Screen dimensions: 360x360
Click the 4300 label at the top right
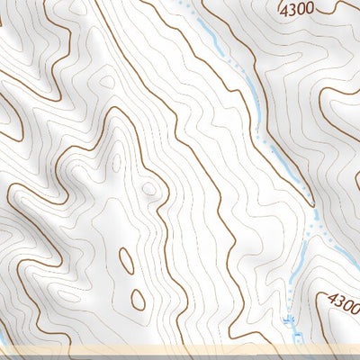pyautogui.click(x=297, y=10)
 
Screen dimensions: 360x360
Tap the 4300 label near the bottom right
pyautogui.click(x=343, y=301)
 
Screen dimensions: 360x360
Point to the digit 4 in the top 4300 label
pyautogui.click(x=285, y=10)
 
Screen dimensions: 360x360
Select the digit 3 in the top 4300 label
pyautogui.click(x=293, y=10)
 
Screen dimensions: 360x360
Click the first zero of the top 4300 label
pyautogui.click(x=301, y=10)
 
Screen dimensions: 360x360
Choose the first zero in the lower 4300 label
pyautogui.click(x=346, y=303)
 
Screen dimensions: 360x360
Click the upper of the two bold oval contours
pyautogui.click(x=127, y=259)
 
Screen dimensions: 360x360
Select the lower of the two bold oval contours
pyautogui.click(x=138, y=299)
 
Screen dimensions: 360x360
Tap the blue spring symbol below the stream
pyautogui.click(x=289, y=319)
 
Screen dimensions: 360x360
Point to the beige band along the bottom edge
pyautogui.click(x=180, y=351)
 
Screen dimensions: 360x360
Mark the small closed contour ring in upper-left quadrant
pyautogui.click(x=107, y=82)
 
